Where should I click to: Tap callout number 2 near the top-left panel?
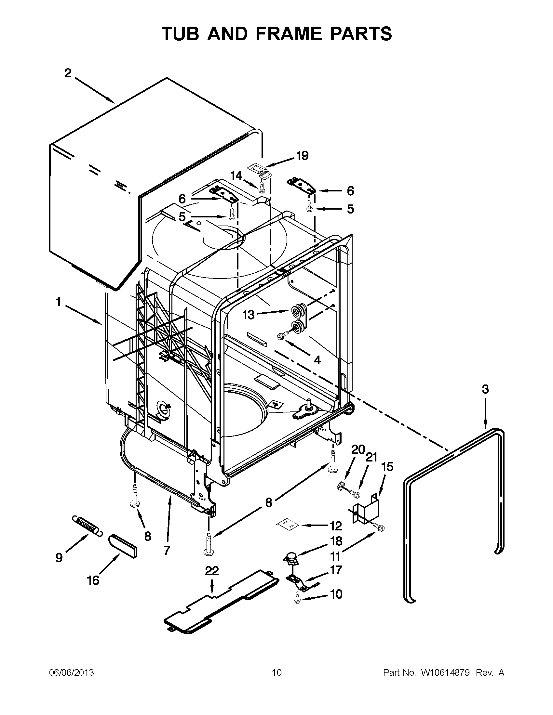point(68,73)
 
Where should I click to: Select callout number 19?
point(302,156)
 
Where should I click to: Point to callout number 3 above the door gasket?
point(485,389)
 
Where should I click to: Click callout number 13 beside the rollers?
point(248,315)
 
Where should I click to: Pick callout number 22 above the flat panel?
point(212,571)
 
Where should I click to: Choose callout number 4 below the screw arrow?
point(317,360)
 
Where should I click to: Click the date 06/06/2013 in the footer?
point(72,673)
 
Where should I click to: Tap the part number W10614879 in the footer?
point(446,673)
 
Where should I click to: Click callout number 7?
point(167,550)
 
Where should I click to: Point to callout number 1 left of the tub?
point(58,302)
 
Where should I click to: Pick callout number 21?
point(371,457)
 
